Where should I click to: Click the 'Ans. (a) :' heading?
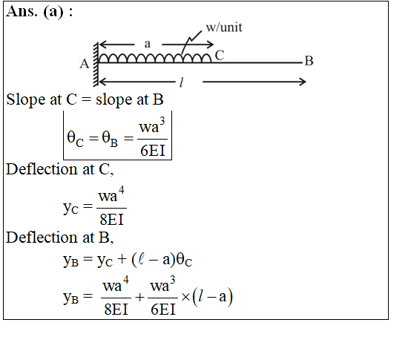39,12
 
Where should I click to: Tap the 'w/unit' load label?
224,27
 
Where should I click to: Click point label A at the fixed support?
85,64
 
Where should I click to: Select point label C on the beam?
220,56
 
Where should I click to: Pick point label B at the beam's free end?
309,61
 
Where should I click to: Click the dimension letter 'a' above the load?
148,44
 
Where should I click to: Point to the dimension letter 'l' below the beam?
181,82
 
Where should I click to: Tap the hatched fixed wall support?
96,65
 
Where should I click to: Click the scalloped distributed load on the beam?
154,58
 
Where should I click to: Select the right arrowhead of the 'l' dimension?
303,82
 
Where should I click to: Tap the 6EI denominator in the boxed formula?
153,151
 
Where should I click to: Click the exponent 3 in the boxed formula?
162,121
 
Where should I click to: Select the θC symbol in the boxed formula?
76,139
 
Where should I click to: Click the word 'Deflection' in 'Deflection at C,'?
42,169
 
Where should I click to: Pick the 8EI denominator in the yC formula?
111,220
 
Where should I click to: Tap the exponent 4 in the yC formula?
122,189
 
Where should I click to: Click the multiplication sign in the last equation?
185,297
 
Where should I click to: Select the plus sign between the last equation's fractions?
139,297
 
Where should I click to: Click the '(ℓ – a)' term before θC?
154,260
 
